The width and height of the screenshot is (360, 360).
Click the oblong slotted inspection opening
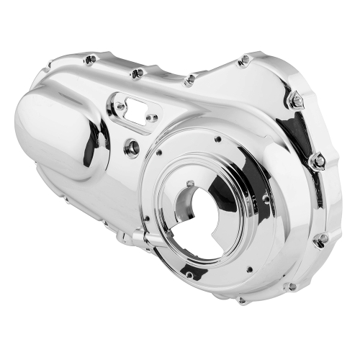(x=135, y=104)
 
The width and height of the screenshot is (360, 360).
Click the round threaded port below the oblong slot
(x=132, y=148)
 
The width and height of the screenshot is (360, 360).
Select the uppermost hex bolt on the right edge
(x=295, y=102)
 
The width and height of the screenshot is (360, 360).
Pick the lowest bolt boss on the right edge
(x=321, y=238)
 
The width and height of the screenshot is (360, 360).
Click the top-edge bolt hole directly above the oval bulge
(x=89, y=60)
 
